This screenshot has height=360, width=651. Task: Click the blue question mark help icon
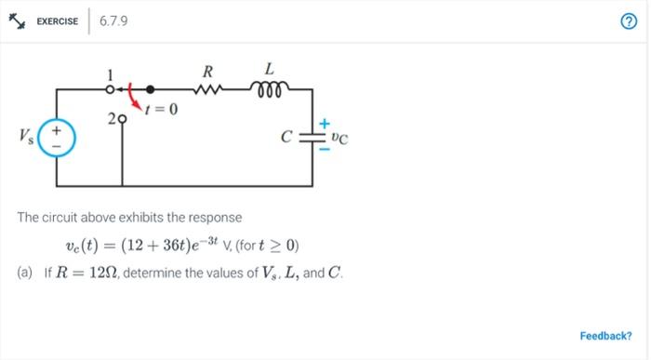click(629, 22)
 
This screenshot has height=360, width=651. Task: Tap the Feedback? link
click(605, 336)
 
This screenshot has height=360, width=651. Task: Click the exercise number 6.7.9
click(113, 20)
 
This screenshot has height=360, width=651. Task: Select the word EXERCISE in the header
click(57, 21)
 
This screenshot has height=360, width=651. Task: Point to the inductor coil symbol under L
click(270, 88)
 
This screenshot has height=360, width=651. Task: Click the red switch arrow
click(136, 96)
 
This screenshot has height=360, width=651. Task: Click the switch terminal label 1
click(110, 74)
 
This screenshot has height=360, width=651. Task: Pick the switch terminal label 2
click(111, 119)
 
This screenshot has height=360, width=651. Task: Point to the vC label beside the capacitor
click(340, 140)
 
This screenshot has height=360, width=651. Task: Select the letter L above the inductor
click(270, 69)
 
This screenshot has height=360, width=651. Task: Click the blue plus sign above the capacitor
click(325, 123)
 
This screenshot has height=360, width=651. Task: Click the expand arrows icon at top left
click(16, 21)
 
